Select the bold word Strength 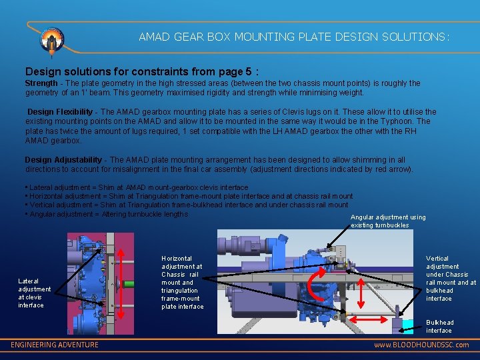pos(41,83)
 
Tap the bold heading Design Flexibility pos(60,111)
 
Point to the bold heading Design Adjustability pos(63,160)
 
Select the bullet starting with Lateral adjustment pos(137,188)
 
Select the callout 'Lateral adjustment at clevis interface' pos(34,293)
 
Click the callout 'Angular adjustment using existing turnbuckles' pos(388,221)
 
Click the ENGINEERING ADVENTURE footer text pos(55,345)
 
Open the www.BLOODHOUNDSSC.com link pos(421,345)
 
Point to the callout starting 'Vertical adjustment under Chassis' pos(451,279)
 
